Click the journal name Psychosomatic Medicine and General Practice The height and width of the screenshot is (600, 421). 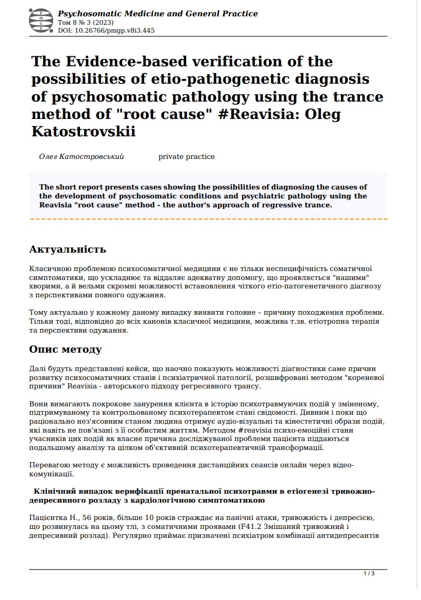158,14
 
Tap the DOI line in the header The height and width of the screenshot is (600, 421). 106,31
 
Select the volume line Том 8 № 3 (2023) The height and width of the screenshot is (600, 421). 85,23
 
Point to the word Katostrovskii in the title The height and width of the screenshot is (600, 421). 83,131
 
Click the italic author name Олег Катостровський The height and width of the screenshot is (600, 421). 82,157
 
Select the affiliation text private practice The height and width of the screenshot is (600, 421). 186,157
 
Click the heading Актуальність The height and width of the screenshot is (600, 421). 67,249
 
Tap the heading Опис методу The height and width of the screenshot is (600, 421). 65,349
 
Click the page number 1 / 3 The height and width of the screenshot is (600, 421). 369,573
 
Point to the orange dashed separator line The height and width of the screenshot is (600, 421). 208,219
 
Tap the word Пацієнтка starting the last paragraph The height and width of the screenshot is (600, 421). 49,517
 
